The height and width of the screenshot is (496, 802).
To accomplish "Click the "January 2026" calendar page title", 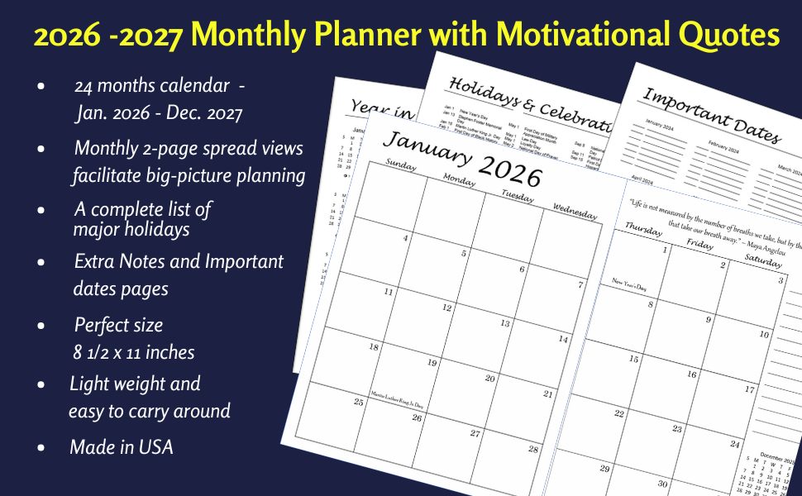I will [462, 160].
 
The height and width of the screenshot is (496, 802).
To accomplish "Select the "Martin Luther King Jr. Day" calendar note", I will [397, 400].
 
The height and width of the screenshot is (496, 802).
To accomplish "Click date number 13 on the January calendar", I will [504, 323].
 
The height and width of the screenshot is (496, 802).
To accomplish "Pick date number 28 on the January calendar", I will [533, 449].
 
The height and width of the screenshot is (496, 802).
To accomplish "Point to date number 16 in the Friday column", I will [691, 374].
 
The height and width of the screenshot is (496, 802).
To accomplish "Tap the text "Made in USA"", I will [122, 447].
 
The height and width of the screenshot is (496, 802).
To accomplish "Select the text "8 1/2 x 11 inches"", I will [134, 352].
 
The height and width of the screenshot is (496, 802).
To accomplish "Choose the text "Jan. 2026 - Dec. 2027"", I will [159, 112].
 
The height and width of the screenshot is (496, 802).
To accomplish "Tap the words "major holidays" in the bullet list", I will [131, 229].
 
